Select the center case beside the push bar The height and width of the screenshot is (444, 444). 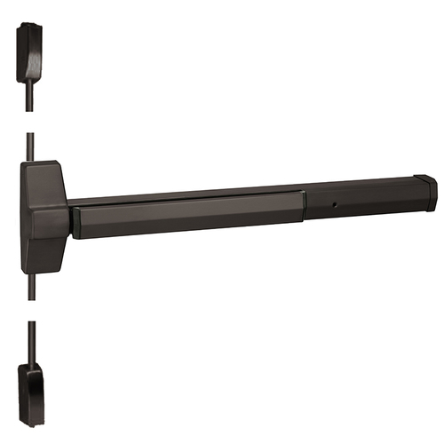[44, 215]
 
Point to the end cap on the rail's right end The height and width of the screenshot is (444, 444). [424, 191]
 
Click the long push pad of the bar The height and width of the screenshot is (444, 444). [186, 216]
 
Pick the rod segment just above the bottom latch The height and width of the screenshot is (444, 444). [30, 337]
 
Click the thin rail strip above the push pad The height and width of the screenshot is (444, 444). [186, 196]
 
